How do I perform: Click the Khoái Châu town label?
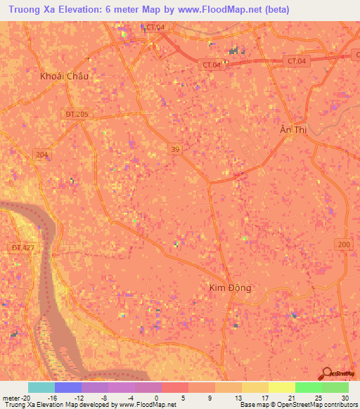[x=65, y=76]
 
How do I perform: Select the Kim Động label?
[x=230, y=287]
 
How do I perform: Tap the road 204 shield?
[x=41, y=155]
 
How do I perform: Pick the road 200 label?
[x=344, y=244]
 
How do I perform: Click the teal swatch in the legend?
[x=41, y=387]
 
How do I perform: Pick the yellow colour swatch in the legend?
[x=281, y=387]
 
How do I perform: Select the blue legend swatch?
[x=68, y=387]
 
